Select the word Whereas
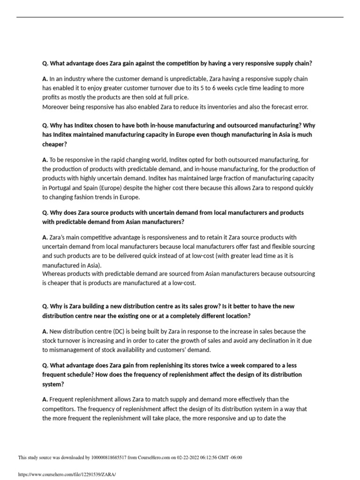[55, 274]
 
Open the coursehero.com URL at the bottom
[66, 474]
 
